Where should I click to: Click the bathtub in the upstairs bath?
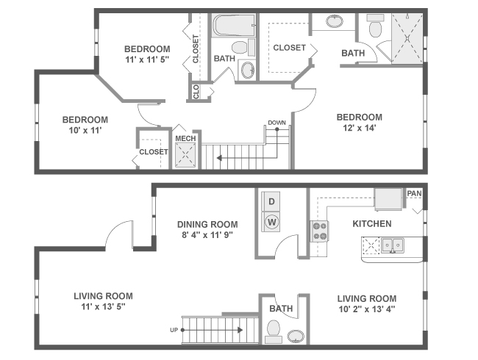[233, 28]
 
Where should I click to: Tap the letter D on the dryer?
[271, 201]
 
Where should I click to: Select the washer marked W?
[271, 221]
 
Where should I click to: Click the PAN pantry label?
[415, 192]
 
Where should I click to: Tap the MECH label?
[185, 137]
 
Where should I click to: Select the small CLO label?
[196, 91]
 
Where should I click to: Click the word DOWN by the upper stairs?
[277, 123]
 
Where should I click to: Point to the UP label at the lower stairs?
[174, 330]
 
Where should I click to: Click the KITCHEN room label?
[371, 223]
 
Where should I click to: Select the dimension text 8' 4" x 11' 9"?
[207, 237]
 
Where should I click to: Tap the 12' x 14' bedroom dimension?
[359, 129]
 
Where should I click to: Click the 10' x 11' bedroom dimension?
[85, 132]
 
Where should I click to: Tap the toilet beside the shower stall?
[374, 28]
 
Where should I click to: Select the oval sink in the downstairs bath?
[296, 337]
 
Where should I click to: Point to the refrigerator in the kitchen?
[388, 198]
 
